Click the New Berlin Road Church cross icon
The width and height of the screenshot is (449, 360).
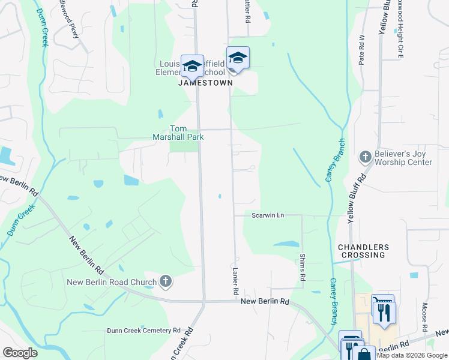click(x=166, y=281)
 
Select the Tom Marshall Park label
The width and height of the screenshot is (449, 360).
click(x=187, y=132)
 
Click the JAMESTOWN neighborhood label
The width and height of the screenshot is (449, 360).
click(x=205, y=84)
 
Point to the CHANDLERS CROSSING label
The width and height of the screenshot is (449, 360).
click(x=363, y=251)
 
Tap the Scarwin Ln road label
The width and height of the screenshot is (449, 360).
click(x=267, y=215)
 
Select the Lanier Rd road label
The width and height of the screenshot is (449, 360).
click(x=236, y=280)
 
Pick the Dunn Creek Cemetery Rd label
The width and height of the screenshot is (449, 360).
click(x=144, y=330)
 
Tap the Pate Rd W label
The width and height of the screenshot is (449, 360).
click(x=361, y=49)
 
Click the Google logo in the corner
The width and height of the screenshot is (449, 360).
click(x=20, y=353)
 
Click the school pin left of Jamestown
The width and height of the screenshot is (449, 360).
click(x=193, y=67)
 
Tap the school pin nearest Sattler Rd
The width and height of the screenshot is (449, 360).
click(x=238, y=59)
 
